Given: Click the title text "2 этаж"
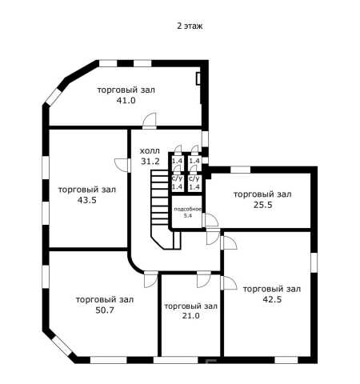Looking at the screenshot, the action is click(190, 26).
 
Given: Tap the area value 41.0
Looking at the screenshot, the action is click(126, 100).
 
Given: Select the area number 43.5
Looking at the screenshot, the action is click(87, 200).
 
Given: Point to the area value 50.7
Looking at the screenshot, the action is click(105, 310).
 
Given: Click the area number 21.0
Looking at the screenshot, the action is click(190, 316).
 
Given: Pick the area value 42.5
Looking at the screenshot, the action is click(272, 299).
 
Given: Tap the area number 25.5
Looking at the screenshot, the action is click(262, 205).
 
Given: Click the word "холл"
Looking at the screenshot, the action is click(150, 151).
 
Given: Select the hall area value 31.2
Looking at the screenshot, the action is click(150, 161).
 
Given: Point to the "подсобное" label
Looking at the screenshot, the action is click(188, 210).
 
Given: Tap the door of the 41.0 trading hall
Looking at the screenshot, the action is click(150, 121).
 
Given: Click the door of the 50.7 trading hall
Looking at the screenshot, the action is click(151, 279).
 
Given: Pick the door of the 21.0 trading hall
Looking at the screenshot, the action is click(204, 279).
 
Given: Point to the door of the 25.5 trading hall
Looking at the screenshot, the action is click(211, 220).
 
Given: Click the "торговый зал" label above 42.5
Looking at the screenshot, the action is click(272, 289).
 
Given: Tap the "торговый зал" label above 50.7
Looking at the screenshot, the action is click(105, 300).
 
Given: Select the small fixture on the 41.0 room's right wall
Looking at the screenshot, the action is click(198, 78).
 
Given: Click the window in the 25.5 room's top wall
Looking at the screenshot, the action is click(240, 170).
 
